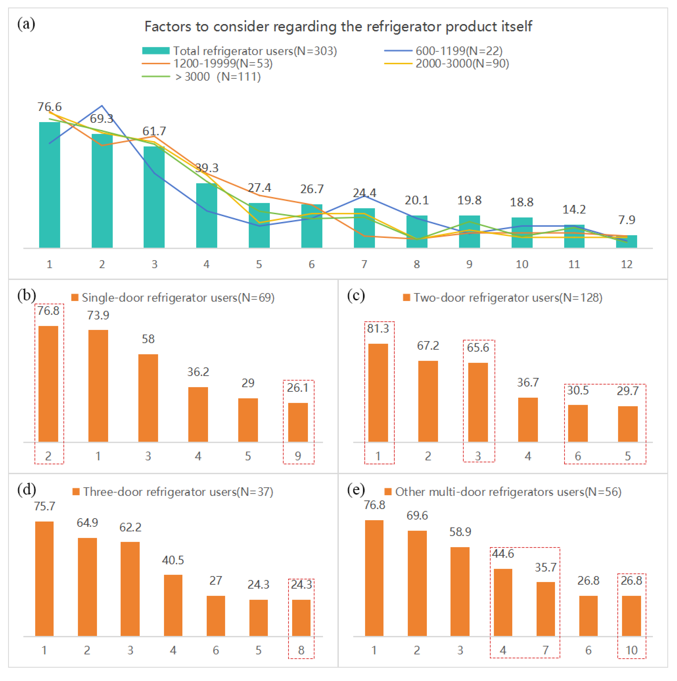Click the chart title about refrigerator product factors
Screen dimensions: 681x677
[x=338, y=26]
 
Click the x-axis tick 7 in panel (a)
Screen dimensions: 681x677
[x=364, y=264]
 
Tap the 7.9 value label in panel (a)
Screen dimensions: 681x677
[x=627, y=220]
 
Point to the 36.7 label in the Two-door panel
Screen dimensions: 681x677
[x=528, y=382]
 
